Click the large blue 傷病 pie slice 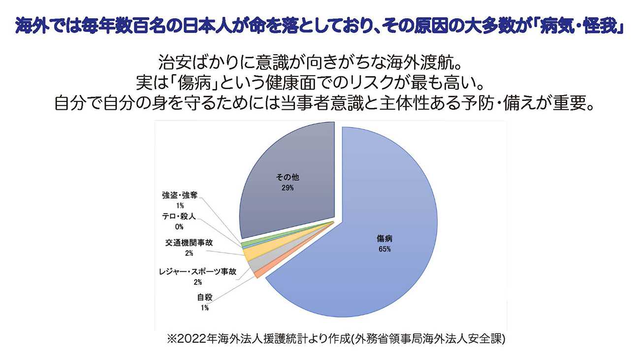[374, 207]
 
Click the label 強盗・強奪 [180, 195]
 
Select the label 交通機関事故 [189, 243]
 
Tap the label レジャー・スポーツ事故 [198, 271]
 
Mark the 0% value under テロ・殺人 [179, 227]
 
